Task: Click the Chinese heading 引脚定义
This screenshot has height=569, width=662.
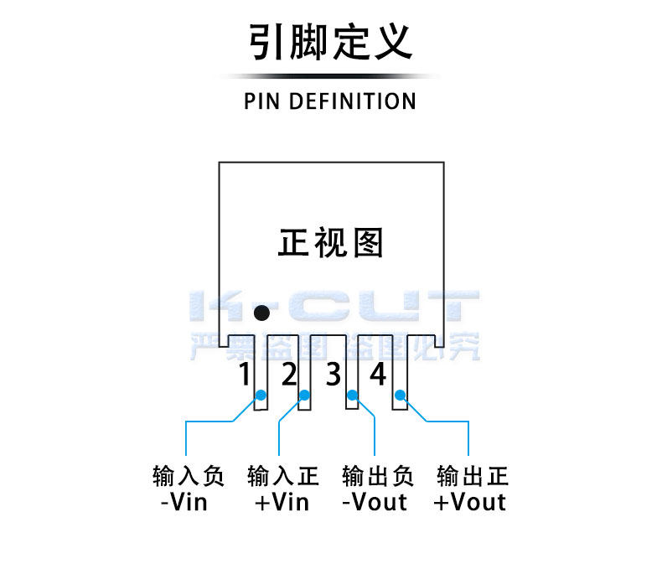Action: (x=330, y=41)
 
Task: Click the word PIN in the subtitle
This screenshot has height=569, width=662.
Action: (x=261, y=101)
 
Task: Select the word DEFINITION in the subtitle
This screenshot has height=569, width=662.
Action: (x=353, y=101)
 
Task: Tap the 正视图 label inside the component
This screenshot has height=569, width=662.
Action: (x=330, y=242)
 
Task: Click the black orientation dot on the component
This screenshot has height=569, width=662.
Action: (x=261, y=313)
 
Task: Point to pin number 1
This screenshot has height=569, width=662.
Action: (x=245, y=374)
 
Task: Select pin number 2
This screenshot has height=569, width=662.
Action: (x=289, y=374)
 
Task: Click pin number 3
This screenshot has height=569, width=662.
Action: (x=334, y=374)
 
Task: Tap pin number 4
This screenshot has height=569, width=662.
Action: (x=377, y=374)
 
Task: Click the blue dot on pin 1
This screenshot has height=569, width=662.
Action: (x=261, y=395)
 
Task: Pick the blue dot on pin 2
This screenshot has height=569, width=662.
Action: (x=304, y=395)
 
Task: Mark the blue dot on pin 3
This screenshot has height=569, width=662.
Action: (x=352, y=395)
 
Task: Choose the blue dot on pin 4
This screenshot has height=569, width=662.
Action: (x=400, y=395)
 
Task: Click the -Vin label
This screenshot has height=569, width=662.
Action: (x=184, y=502)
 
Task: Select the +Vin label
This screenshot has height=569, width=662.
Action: (x=282, y=502)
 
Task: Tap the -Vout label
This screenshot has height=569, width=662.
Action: (x=375, y=502)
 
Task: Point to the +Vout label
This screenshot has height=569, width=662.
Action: (x=470, y=502)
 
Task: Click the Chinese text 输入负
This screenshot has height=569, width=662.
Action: (x=189, y=476)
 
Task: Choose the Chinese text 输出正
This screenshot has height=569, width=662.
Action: (x=473, y=476)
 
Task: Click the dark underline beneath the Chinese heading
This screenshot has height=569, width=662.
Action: (x=330, y=76)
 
